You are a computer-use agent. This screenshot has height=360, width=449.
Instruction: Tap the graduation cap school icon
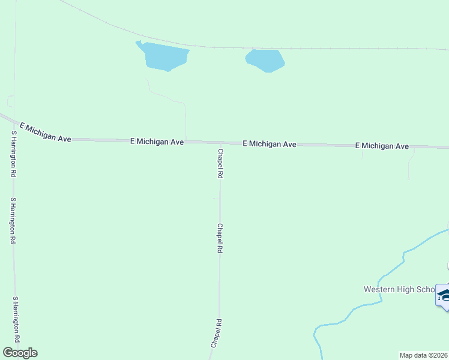444,295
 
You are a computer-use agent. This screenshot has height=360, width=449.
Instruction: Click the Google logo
20,353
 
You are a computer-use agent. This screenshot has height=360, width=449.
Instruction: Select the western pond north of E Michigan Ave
164,56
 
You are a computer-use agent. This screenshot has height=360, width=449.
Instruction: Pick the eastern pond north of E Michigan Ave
265,60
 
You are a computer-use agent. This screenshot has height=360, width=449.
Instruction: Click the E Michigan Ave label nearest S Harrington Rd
46,133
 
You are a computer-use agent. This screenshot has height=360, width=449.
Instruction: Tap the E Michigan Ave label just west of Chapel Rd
157,142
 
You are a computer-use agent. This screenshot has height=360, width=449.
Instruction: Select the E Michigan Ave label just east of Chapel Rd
270,145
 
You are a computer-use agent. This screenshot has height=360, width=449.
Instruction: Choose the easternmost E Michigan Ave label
382,146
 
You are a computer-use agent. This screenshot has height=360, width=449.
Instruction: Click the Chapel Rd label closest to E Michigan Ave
220,164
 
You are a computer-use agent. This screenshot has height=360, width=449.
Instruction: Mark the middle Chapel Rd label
220,238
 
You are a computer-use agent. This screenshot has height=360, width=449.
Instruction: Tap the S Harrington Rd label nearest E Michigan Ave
12,154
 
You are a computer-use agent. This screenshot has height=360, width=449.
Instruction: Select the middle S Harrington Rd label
12,220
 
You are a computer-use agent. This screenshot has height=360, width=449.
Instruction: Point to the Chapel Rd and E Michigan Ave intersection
219,143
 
